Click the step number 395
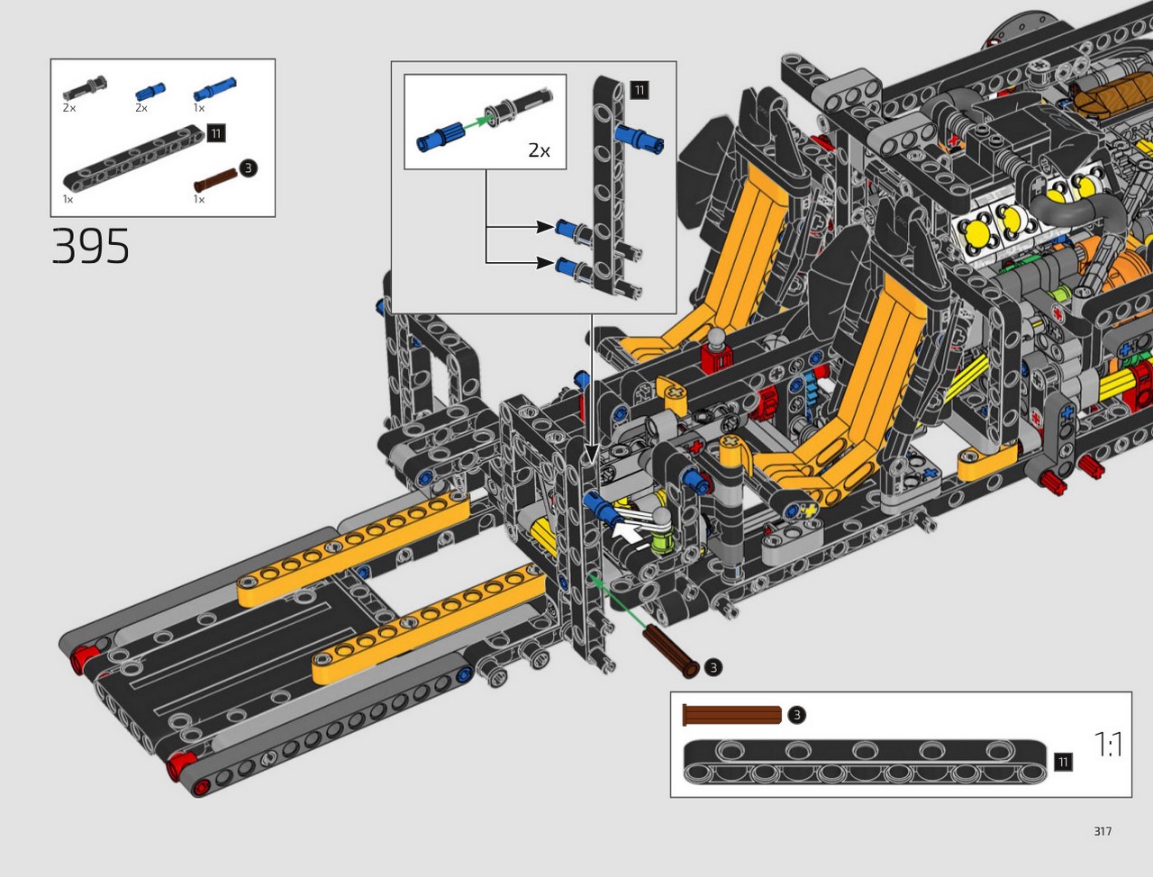tap(90, 246)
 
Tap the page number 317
tap(1103, 831)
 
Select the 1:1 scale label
tap(1108, 745)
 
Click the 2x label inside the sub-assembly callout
tap(539, 150)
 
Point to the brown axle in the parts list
tap(215, 180)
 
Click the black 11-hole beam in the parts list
tap(133, 158)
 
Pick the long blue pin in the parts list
tap(215, 89)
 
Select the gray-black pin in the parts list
tap(85, 88)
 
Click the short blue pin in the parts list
tap(150, 92)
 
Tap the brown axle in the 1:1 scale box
tap(731, 715)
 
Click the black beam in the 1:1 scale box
tap(865, 762)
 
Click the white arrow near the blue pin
tap(631, 533)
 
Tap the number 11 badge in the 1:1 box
tap(1063, 762)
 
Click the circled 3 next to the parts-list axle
tap(249, 168)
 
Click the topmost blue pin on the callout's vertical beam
tap(639, 139)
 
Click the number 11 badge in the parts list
tap(216, 133)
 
